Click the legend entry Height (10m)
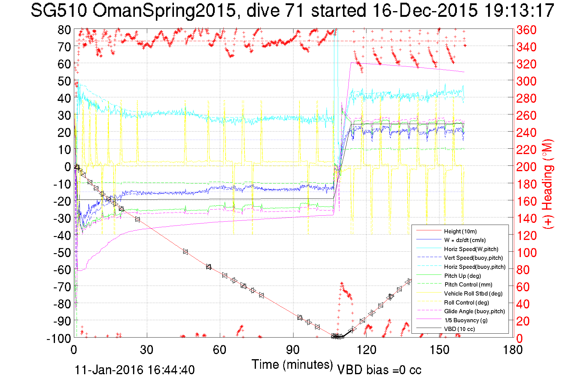(x=460, y=231)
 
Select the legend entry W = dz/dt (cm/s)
(x=465, y=240)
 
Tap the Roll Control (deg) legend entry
(x=466, y=302)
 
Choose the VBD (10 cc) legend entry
(x=459, y=329)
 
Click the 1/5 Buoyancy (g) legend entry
(x=466, y=320)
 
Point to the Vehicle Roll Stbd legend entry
(x=473, y=293)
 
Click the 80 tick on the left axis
(x=64, y=30)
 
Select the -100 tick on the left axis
(x=59, y=338)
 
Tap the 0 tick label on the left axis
(x=68, y=167)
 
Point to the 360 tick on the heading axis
(x=526, y=30)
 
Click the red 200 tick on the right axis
(x=526, y=167)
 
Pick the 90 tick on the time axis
(x=293, y=350)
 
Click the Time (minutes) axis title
(x=292, y=365)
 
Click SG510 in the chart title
(x=59, y=11)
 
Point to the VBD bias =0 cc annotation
(x=379, y=370)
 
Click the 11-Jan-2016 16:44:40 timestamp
(x=135, y=370)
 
